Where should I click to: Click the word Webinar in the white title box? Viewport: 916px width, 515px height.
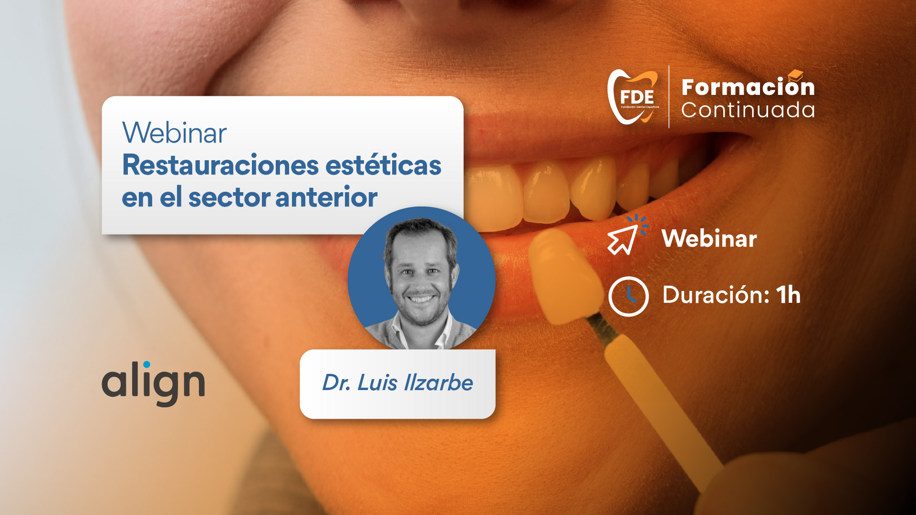point(174,133)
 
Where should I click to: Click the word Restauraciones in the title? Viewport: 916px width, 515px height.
point(220,165)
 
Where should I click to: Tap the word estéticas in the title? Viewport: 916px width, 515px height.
point(384,165)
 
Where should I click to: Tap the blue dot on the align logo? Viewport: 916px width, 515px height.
point(146,364)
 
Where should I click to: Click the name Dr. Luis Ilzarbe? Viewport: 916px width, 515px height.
point(397,383)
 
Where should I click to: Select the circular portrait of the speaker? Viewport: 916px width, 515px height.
point(421,279)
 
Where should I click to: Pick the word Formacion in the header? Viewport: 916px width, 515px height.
point(748,87)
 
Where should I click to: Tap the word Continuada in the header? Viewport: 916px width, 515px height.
point(748,110)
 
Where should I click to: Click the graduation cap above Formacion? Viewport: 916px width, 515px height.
point(795,75)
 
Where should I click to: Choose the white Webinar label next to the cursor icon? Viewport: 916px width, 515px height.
point(709,238)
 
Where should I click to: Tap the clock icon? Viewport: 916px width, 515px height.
point(628,296)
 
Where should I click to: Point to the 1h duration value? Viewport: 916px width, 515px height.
point(788,295)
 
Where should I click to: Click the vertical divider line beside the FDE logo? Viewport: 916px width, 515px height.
point(669,97)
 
